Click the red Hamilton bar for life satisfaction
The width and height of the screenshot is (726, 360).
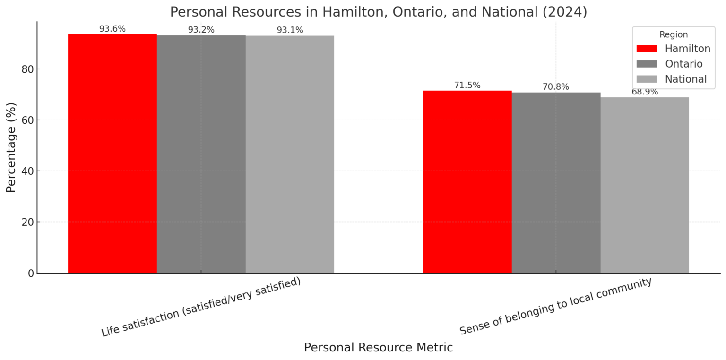pyautogui.click(x=112, y=154)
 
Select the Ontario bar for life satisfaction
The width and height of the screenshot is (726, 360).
pyautogui.click(x=201, y=154)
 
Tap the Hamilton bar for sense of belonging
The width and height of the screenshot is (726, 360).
pyautogui.click(x=467, y=182)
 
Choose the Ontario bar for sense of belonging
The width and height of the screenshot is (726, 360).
pyautogui.click(x=556, y=183)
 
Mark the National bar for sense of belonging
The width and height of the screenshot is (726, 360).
pyautogui.click(x=645, y=185)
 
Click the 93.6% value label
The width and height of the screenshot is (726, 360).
pyautogui.click(x=112, y=29)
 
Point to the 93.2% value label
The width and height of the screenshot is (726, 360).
pyautogui.click(x=201, y=30)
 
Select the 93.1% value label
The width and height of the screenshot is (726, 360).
pyautogui.click(x=290, y=30)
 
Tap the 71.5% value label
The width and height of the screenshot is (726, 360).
pyautogui.click(x=467, y=86)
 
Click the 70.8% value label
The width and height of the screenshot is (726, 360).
pyautogui.click(x=556, y=87)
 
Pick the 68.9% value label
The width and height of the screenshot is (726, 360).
pyautogui.click(x=645, y=92)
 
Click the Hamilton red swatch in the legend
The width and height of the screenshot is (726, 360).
pyautogui.click(x=646, y=49)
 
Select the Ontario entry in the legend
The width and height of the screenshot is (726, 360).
pyautogui.click(x=683, y=64)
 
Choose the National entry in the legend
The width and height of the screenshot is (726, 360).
pyautogui.click(x=685, y=79)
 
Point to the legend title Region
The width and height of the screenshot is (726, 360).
pyautogui.click(x=674, y=34)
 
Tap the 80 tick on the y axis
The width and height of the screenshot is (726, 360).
pyautogui.click(x=28, y=69)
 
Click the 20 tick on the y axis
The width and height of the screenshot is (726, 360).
pyautogui.click(x=28, y=222)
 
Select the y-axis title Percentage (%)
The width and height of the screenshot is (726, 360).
pyautogui.click(x=11, y=147)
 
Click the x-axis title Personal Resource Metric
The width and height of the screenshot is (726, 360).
pyautogui.click(x=378, y=348)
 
